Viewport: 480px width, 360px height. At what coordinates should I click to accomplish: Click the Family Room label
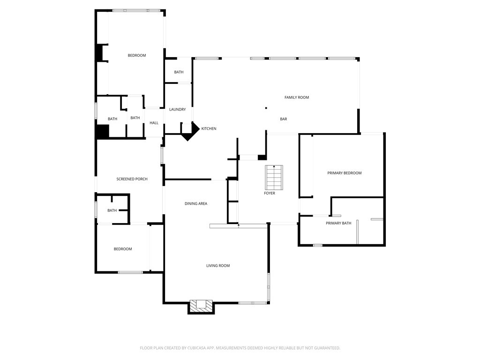point(297,97)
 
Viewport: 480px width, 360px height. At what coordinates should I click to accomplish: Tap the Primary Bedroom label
point(345,173)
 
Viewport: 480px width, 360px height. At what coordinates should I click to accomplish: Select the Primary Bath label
point(338,223)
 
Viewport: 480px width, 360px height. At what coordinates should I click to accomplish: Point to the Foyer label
point(270,193)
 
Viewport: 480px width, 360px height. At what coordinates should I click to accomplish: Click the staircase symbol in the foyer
point(274,178)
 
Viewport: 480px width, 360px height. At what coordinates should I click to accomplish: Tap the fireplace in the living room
point(201,307)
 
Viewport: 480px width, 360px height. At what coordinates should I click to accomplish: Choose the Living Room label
point(218,266)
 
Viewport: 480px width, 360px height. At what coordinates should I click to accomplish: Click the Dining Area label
point(196,203)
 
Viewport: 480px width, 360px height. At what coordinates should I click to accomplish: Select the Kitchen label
point(209,128)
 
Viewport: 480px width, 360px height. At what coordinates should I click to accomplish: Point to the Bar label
point(284,119)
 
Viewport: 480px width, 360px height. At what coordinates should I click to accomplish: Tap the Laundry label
point(178,109)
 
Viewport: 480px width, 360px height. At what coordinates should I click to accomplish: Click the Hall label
point(154,123)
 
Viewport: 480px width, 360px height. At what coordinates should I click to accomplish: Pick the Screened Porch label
point(132,179)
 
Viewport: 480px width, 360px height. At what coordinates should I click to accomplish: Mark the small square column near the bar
point(266,108)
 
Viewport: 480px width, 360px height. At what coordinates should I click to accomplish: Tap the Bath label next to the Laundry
point(179,72)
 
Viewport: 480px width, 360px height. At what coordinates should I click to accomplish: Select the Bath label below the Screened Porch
point(112,210)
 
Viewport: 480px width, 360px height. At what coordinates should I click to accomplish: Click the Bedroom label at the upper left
point(137,55)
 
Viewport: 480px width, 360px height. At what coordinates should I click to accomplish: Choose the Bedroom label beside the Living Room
point(123,249)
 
